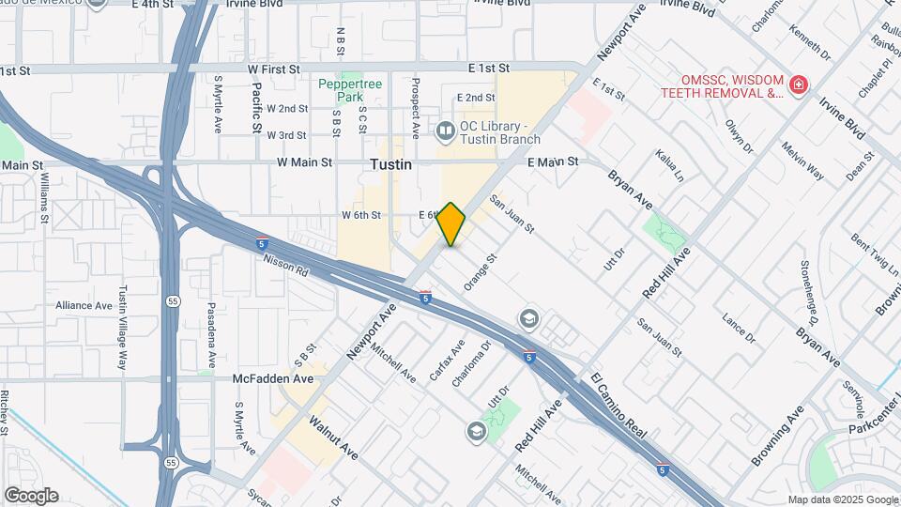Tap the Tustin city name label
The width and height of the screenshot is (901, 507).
pos(390,163)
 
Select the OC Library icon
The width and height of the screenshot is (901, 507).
pos(445,129)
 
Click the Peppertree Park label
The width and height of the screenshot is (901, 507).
pos(350,90)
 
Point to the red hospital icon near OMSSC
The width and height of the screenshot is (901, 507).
pos(798,86)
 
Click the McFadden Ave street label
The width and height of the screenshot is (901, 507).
pos(273,379)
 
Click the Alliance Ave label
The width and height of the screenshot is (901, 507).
pos(84,305)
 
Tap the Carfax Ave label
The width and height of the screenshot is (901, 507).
pos(448,360)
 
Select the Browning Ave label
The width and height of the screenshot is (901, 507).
pos(777,436)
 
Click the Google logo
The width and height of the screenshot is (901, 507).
pos(31,496)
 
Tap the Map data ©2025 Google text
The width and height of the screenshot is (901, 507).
pos(842,499)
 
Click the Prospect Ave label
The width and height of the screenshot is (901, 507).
pos(414,103)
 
